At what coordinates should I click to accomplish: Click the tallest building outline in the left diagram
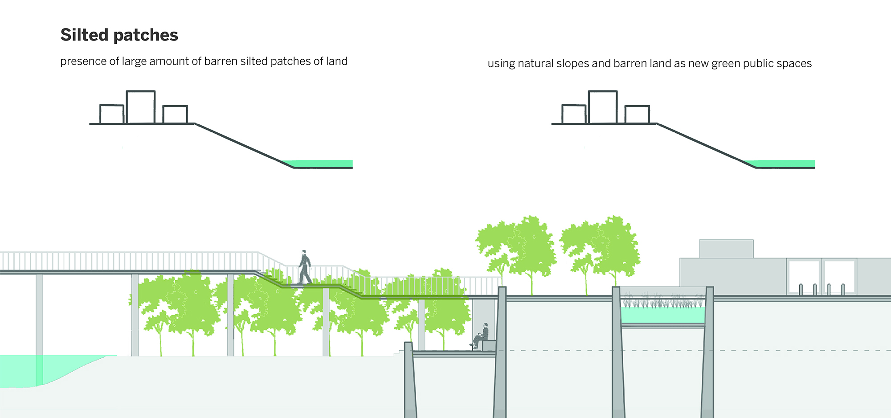click(141, 107)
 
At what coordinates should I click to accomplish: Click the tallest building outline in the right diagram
click(603, 107)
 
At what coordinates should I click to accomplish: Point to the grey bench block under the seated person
click(489, 345)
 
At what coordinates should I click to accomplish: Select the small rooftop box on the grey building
click(726, 249)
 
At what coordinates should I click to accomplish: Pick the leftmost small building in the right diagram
click(574, 114)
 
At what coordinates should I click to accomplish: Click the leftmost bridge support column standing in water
click(39, 321)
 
